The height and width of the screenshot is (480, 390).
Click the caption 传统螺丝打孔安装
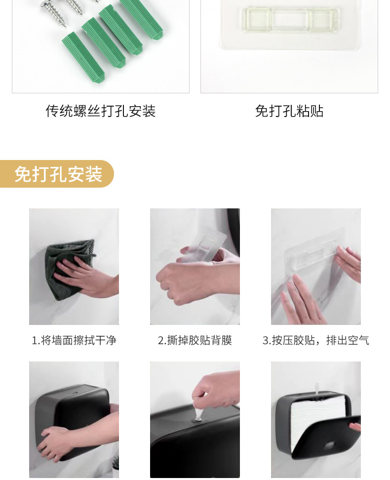coord(101,111)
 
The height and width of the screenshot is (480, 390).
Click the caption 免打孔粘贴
coord(289,111)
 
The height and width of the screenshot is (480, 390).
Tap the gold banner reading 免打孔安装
coord(57,174)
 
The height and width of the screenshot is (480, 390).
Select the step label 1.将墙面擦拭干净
coord(74,340)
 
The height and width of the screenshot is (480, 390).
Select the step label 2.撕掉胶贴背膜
coord(195,340)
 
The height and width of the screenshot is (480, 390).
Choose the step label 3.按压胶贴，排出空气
coord(316,340)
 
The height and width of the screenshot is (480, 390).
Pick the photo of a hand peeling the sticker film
coord(195,267)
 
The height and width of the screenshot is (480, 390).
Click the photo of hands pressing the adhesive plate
coord(316,267)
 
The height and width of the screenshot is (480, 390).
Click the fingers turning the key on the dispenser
coord(212,390)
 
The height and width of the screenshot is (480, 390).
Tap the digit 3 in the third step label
coord(266,341)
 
